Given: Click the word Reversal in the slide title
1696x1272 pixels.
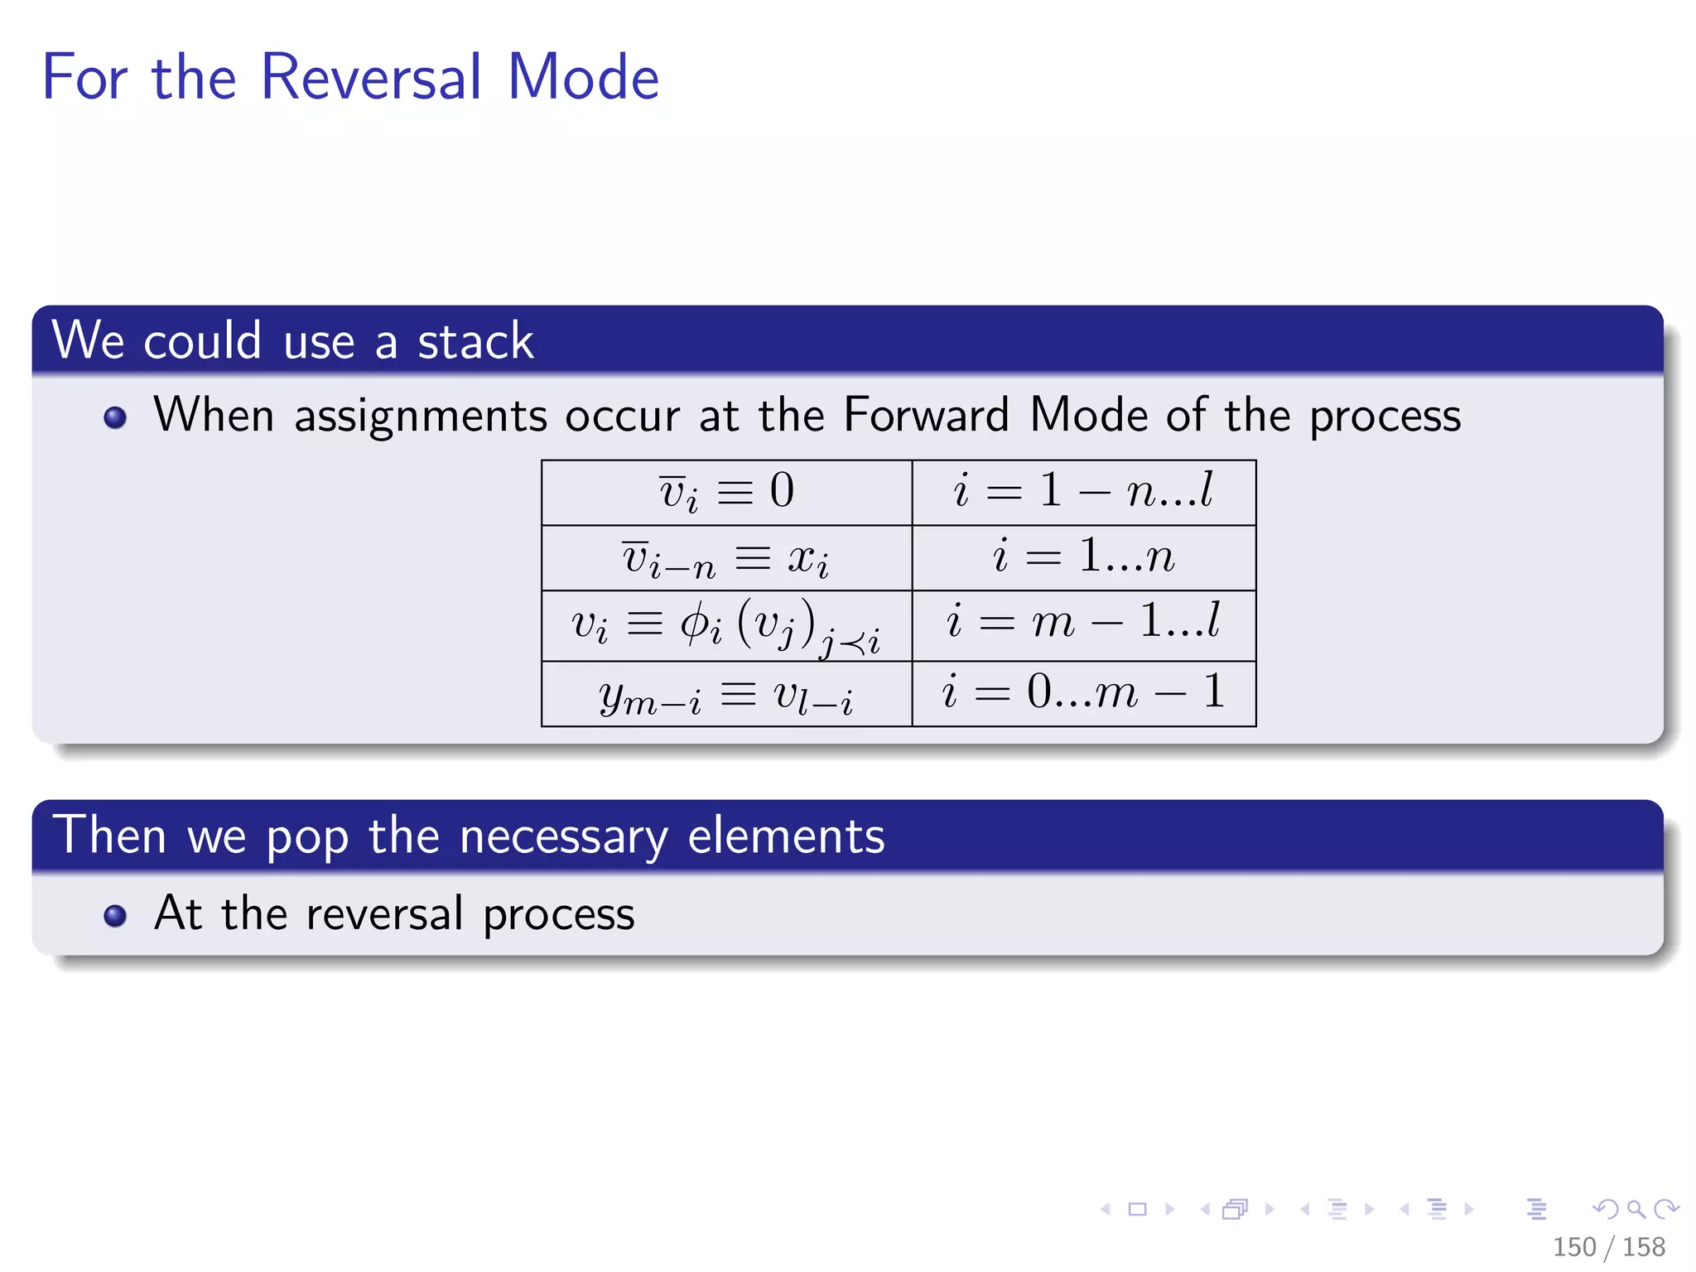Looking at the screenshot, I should [370, 77].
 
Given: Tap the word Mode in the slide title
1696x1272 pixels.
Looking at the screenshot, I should [583, 77].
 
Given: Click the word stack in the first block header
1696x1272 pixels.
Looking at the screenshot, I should [475, 340].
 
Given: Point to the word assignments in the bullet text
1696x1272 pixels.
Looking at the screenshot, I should [421, 416].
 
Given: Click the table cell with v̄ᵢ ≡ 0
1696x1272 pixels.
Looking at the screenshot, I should [726, 492].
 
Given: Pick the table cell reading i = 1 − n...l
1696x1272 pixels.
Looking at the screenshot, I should [1083, 492].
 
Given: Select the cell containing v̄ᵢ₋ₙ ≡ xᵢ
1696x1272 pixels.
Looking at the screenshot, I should [726, 557].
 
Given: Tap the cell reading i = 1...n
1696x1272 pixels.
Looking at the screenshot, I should [1083, 556].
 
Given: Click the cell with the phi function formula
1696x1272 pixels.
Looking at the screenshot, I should [726, 625].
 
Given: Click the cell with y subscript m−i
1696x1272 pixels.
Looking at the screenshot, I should [726, 694].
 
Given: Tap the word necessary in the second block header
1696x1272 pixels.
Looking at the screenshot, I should [563, 836].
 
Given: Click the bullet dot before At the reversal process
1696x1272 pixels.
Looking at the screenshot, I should [115, 915].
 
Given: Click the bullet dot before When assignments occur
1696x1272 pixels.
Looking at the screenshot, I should [115, 417].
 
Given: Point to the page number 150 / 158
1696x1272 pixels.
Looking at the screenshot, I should [1608, 1246].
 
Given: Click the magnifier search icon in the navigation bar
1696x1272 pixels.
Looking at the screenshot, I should [1636, 1209].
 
